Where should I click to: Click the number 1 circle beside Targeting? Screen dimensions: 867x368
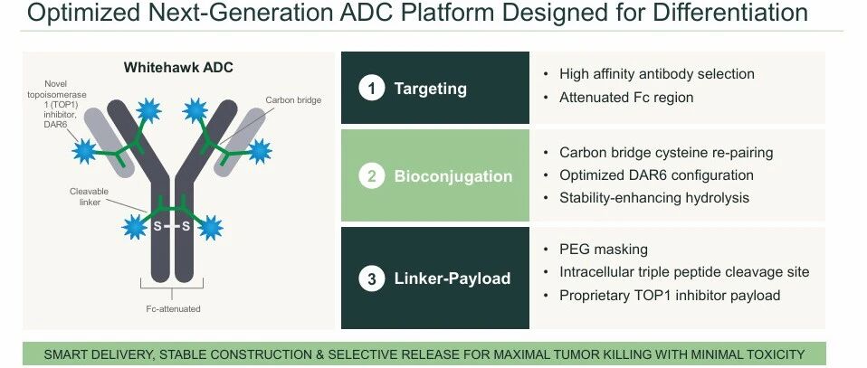(x=372, y=89)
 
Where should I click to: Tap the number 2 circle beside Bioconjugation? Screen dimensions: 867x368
(x=372, y=175)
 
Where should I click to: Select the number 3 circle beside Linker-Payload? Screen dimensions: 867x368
(x=372, y=278)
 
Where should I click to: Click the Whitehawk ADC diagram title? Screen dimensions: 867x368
(x=178, y=68)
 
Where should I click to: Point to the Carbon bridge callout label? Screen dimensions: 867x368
(x=293, y=100)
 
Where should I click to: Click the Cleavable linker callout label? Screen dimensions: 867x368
(x=89, y=197)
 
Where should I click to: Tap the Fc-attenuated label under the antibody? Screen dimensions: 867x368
(x=173, y=309)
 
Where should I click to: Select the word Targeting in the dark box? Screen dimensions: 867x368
(x=430, y=89)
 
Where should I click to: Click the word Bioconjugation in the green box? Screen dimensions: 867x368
(x=453, y=176)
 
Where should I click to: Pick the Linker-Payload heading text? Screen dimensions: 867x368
(x=452, y=278)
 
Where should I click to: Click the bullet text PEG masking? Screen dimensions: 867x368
(x=604, y=250)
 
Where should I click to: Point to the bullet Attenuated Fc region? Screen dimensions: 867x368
(x=626, y=98)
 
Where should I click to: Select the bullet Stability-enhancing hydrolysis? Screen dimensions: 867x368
(x=654, y=197)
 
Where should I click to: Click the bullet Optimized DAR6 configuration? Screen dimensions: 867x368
(x=656, y=175)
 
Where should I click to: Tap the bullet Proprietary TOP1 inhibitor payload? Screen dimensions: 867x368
(x=670, y=295)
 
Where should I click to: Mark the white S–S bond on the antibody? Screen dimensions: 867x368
(x=171, y=226)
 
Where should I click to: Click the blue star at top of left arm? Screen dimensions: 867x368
(x=148, y=110)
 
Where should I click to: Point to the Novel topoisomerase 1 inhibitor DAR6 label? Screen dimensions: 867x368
(x=57, y=105)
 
